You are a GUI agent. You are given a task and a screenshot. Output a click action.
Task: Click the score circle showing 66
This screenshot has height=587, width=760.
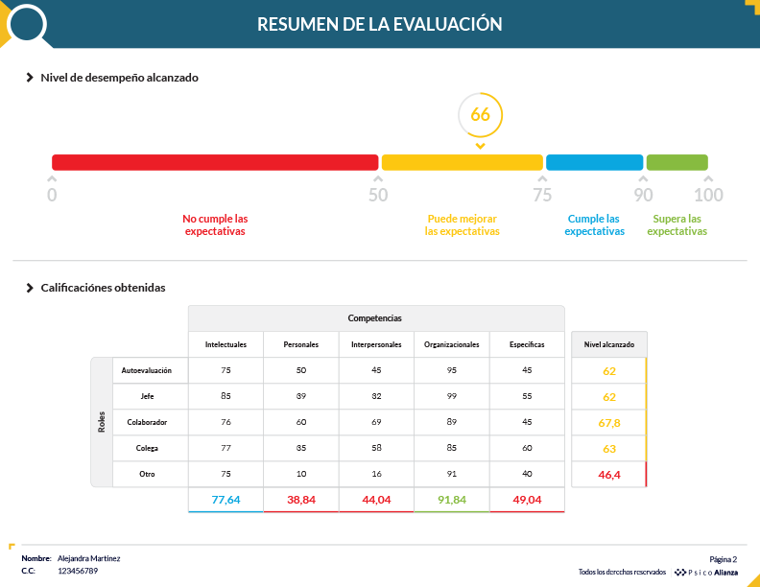480,115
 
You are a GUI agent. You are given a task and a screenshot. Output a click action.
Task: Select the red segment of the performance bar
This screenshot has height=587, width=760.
215,162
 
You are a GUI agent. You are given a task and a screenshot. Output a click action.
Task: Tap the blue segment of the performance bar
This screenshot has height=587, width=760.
594,162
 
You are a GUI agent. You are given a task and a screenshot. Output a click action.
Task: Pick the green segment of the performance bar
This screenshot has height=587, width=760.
677,162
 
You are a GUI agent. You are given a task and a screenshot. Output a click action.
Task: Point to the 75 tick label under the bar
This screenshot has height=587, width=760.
542,195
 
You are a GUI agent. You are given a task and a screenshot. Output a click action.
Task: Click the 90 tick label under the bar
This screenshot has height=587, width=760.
643,195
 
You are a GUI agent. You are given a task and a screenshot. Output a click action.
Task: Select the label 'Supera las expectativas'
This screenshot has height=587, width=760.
677,224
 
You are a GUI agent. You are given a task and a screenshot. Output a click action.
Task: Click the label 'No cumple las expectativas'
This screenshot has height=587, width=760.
215,224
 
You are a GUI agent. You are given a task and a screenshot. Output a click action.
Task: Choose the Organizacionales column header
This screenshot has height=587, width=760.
451,344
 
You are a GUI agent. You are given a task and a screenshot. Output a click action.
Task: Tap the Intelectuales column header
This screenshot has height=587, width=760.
226,344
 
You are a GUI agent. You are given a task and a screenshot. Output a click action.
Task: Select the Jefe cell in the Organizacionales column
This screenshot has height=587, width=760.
451,396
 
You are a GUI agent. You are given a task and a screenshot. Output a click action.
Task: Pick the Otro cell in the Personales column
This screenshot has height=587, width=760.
300,474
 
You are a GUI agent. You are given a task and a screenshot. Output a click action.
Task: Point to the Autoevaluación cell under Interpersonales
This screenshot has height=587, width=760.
375,370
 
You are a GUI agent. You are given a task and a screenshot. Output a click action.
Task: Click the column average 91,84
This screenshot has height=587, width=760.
451,500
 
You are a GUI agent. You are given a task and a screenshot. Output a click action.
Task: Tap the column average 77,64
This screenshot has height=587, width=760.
226,500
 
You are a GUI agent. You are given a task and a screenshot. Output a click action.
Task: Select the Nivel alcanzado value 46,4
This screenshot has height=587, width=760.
608,474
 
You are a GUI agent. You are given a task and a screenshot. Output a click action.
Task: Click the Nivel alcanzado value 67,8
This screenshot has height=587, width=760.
608,422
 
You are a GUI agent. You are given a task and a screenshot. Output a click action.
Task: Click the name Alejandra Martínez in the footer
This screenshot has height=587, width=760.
89,558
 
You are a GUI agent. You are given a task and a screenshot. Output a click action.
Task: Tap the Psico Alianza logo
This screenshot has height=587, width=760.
707,572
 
